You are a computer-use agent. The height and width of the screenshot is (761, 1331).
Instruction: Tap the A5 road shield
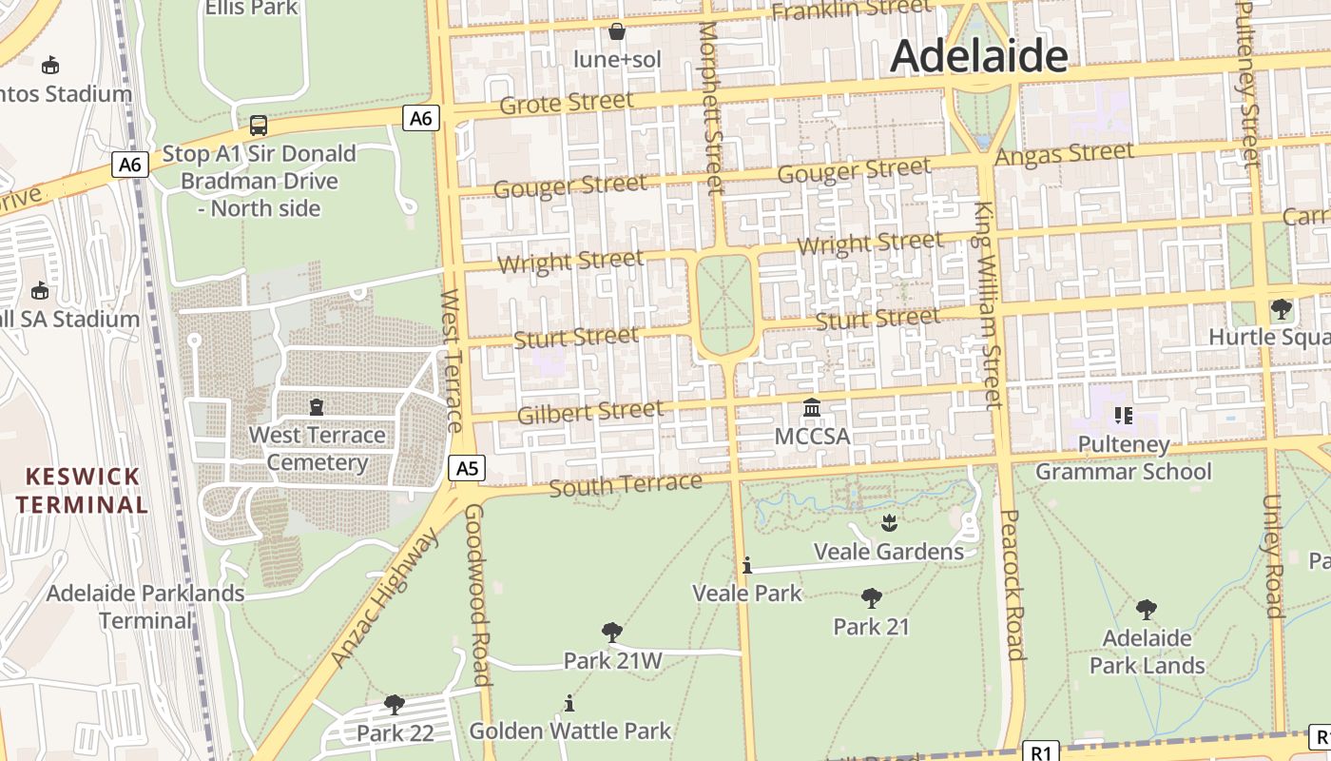[467, 468]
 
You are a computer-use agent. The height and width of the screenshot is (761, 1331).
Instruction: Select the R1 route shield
[1041, 752]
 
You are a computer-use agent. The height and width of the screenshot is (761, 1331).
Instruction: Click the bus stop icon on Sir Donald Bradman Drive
[258, 125]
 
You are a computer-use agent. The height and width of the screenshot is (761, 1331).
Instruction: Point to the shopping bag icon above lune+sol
[617, 31]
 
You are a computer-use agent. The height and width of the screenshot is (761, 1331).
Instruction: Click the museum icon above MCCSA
[812, 408]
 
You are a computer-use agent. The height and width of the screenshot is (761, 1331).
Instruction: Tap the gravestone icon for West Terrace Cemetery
[317, 407]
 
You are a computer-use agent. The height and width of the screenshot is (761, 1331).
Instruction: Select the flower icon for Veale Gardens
[889, 522]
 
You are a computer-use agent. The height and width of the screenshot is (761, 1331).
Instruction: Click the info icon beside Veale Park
[747, 565]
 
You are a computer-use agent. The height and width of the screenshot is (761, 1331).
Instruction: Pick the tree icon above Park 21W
[612, 632]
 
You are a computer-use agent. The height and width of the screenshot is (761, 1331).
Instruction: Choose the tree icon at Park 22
[395, 705]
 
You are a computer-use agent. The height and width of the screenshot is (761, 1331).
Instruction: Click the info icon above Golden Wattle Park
[569, 703]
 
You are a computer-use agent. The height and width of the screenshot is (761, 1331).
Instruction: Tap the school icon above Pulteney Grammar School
[1123, 415]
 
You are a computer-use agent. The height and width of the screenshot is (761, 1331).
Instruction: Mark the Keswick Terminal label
[82, 490]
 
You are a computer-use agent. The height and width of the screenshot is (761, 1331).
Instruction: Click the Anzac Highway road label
[385, 598]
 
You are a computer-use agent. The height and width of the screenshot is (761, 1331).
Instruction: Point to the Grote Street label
[566, 103]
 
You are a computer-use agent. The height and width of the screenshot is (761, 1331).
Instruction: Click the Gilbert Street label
[589, 413]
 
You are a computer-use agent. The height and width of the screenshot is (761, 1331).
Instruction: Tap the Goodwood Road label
[477, 595]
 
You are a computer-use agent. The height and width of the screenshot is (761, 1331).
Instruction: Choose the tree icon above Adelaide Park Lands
[1147, 609]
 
